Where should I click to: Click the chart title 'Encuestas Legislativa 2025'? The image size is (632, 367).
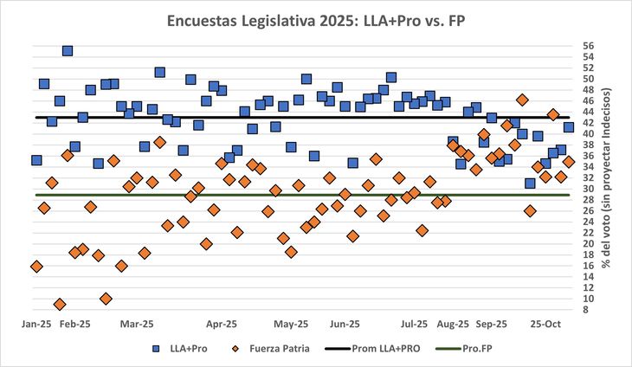click(316, 21)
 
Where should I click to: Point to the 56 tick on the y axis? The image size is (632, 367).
click(588, 45)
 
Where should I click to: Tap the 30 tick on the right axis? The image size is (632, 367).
click(588, 189)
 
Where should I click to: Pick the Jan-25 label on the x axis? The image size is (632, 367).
click(36, 324)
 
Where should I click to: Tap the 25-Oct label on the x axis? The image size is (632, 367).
click(549, 324)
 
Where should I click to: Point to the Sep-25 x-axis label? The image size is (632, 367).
click(491, 324)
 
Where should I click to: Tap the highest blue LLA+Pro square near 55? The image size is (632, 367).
click(68, 51)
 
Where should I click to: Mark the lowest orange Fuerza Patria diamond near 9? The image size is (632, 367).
click(60, 304)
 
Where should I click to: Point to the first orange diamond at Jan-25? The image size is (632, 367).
click(36, 267)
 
